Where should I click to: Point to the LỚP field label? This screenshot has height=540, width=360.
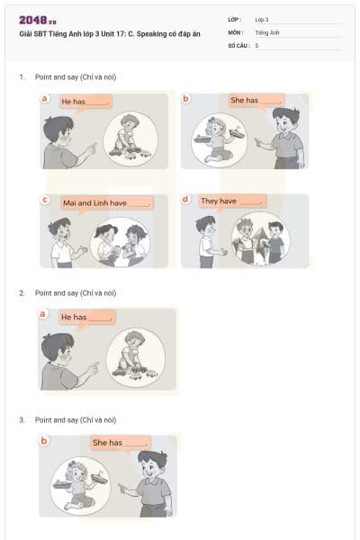coord(236,19)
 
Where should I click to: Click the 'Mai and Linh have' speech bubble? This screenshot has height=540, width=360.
coord(106,202)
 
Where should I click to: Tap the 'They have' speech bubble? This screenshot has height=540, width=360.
coord(232,201)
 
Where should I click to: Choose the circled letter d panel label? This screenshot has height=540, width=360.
coord(185,198)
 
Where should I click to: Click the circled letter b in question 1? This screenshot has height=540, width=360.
coord(186,97)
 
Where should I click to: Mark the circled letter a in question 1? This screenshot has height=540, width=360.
coord(44,97)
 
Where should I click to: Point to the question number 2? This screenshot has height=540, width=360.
coord(22,293)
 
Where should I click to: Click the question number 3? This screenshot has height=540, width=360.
coord(22,420)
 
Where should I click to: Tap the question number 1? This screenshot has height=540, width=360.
coord(22,77)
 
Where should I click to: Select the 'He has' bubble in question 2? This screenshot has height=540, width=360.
coord(86,317)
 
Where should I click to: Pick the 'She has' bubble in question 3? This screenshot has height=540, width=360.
coord(120,443)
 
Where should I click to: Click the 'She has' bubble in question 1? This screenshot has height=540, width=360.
coord(256,100)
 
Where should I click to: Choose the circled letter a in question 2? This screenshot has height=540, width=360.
coord(43,314)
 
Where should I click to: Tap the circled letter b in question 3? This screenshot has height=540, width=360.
coord(44,441)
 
